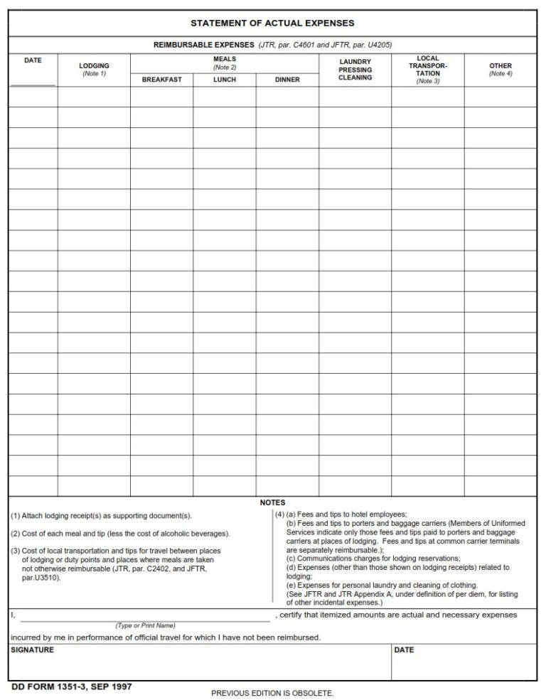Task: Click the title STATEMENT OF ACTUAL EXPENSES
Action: pyautogui.click(x=272, y=23)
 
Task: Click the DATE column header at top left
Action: pyautogui.click(x=33, y=60)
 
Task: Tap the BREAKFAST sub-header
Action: pyautogui.click(x=161, y=80)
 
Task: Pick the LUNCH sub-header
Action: pyautogui.click(x=225, y=80)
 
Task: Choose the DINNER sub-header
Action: pyautogui.click(x=287, y=80)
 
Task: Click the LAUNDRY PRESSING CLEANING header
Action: pyautogui.click(x=355, y=70)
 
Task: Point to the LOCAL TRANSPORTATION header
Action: pyautogui.click(x=428, y=70)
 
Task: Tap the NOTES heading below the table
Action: pyautogui.click(x=272, y=502)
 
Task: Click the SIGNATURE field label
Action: pyautogui.click(x=32, y=650)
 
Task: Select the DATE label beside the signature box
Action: pyautogui.click(x=404, y=650)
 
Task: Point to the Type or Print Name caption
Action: pyautogui.click(x=145, y=625)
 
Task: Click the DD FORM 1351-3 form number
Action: pyautogui.click(x=72, y=686)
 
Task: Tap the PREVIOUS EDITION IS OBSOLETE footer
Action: pyautogui.click(x=272, y=693)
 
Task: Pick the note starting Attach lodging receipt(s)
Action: pyautogui.click(x=101, y=516)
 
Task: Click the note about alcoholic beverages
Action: pyautogui.click(x=119, y=533)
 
